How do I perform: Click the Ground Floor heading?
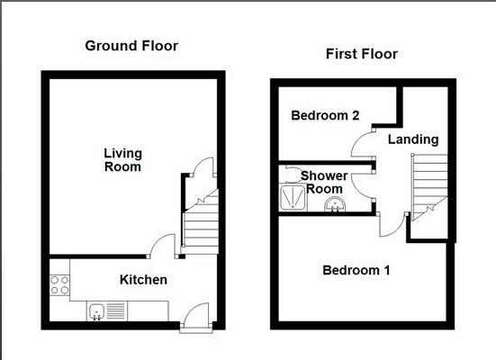coord(131,46)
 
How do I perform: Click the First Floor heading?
coord(361,54)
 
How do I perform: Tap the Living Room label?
coord(122,160)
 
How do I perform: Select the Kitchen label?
coord(143,280)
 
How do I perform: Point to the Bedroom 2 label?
coord(325,116)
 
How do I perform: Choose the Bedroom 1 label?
coord(356,270)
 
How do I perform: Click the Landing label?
coord(413,139)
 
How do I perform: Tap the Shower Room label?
coord(322,182)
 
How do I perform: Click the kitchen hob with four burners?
coord(59,287)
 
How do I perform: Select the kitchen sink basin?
coord(98,311)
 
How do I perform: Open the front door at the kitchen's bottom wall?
coord(194,318)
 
